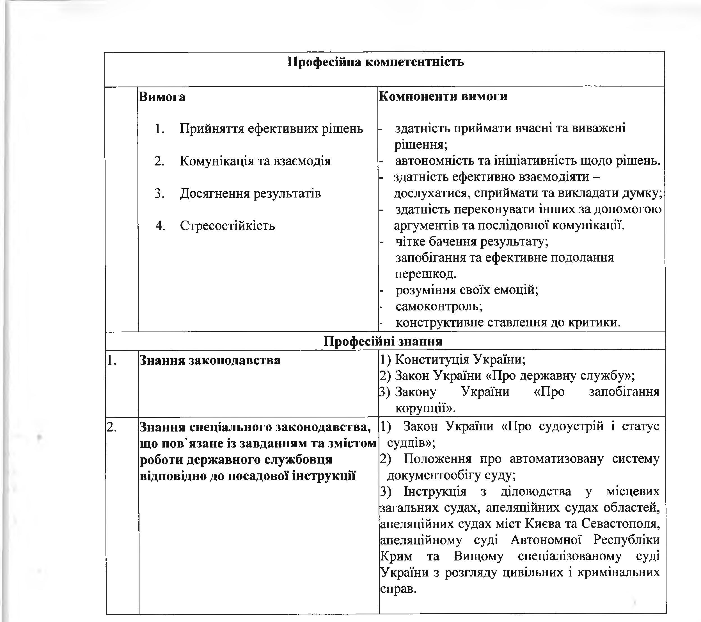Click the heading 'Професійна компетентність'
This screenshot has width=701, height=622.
375,62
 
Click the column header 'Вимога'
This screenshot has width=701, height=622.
162,97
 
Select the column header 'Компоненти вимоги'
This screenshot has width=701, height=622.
443,96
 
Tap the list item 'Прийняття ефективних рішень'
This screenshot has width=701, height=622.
271,129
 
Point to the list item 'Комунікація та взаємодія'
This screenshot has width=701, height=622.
255,161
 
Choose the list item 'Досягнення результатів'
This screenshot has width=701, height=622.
250,194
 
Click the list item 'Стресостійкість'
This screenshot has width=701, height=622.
227,226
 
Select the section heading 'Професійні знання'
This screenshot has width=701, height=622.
383,341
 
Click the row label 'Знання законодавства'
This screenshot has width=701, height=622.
210,360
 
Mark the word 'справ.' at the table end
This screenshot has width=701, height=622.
398,589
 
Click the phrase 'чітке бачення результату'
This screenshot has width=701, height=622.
471,242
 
